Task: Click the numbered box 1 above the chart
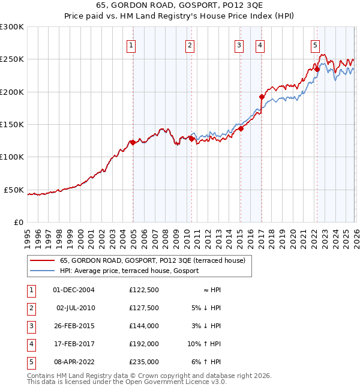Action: (x=131, y=45)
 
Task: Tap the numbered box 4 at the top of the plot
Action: (x=260, y=45)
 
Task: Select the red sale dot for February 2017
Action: (x=262, y=97)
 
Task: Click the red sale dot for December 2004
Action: (x=133, y=142)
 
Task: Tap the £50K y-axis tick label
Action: (x=14, y=190)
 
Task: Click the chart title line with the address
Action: (x=180, y=7)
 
